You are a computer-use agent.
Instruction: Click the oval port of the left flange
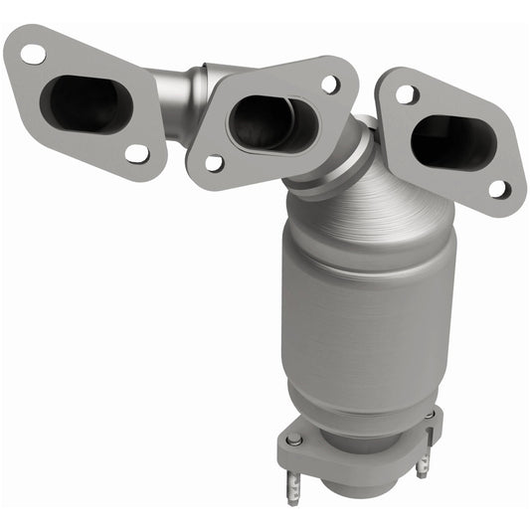88,102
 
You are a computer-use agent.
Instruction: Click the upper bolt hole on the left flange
33,54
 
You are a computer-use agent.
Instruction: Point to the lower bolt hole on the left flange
136,153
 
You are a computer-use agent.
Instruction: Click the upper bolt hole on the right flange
406,94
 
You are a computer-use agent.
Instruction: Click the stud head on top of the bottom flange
294,440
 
